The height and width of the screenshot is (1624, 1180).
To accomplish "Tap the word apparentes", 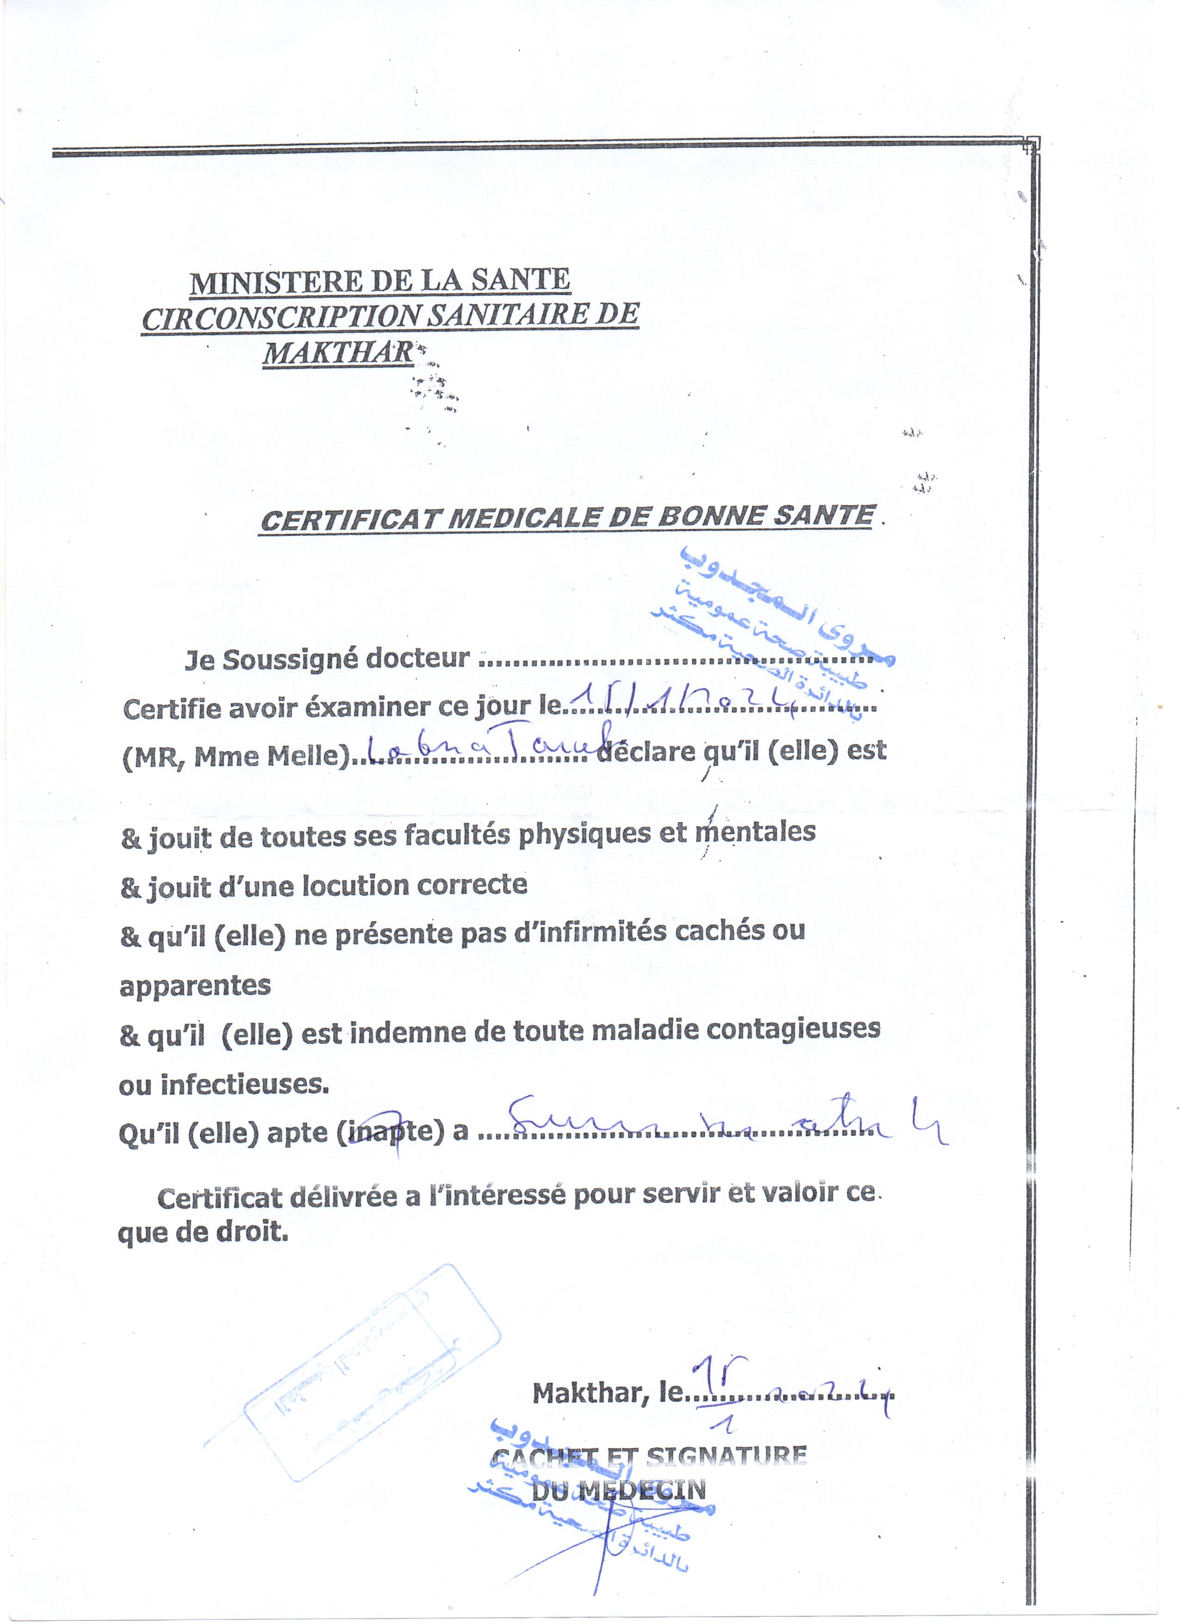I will pyautogui.click(x=195, y=986).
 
